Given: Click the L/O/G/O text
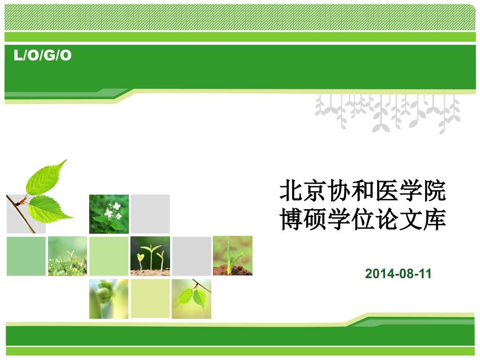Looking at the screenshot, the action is pos(43,55).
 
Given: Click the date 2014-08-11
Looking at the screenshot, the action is pos(398,274).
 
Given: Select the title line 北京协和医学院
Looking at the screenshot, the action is pos(363,191).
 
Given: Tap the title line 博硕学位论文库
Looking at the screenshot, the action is pos(363,219).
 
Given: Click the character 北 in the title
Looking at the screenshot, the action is pos(291,191).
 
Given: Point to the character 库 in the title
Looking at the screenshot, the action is pos(435,219).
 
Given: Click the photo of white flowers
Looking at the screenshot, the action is pos(109,214).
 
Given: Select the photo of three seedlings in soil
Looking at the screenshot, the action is pos(150,256).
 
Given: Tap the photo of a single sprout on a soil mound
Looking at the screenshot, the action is pos(233,256).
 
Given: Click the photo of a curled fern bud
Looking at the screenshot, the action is pos(109,299).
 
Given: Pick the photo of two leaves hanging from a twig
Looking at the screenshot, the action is pos(191,299).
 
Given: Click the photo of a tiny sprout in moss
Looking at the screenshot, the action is pos(68,256).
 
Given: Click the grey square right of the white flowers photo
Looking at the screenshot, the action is pos(150,214).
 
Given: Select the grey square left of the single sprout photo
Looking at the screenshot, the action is pos(191,256).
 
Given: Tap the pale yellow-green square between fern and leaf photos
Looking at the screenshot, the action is pos(150,298).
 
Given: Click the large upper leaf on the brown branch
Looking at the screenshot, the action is pos(46,177).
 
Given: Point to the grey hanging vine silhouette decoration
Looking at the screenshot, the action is pos(388,113).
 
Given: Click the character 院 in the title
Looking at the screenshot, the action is pos(435,191).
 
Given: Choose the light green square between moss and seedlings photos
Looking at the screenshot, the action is pos(109,256).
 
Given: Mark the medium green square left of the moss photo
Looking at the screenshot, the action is pos(26,256).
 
